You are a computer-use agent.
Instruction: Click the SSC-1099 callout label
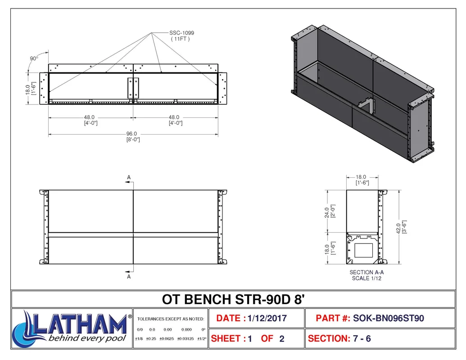pos(181,33)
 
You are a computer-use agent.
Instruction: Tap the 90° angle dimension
pos(34,58)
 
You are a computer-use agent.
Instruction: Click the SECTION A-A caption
pos(366,272)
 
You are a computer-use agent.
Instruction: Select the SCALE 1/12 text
pos(366,278)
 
